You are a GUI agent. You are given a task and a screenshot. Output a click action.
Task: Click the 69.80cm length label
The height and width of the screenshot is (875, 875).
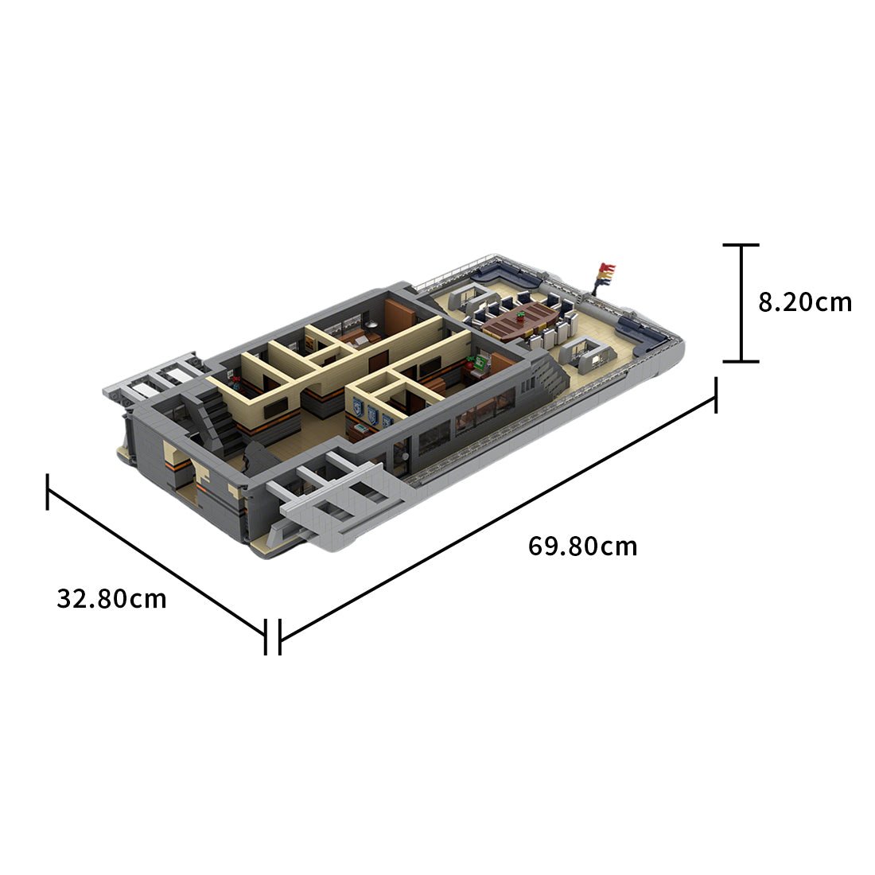[x=582, y=546]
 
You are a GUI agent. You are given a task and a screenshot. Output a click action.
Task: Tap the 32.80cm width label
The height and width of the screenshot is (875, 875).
[x=111, y=598]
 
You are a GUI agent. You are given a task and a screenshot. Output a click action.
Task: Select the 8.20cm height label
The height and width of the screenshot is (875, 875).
[x=804, y=302]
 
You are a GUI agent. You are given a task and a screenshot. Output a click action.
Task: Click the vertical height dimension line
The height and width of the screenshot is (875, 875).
[x=742, y=303]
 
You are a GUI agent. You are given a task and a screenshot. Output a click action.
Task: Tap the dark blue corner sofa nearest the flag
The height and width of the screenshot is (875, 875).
[x=509, y=278]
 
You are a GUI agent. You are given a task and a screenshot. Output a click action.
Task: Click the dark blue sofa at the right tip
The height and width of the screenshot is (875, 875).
[x=644, y=334]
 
